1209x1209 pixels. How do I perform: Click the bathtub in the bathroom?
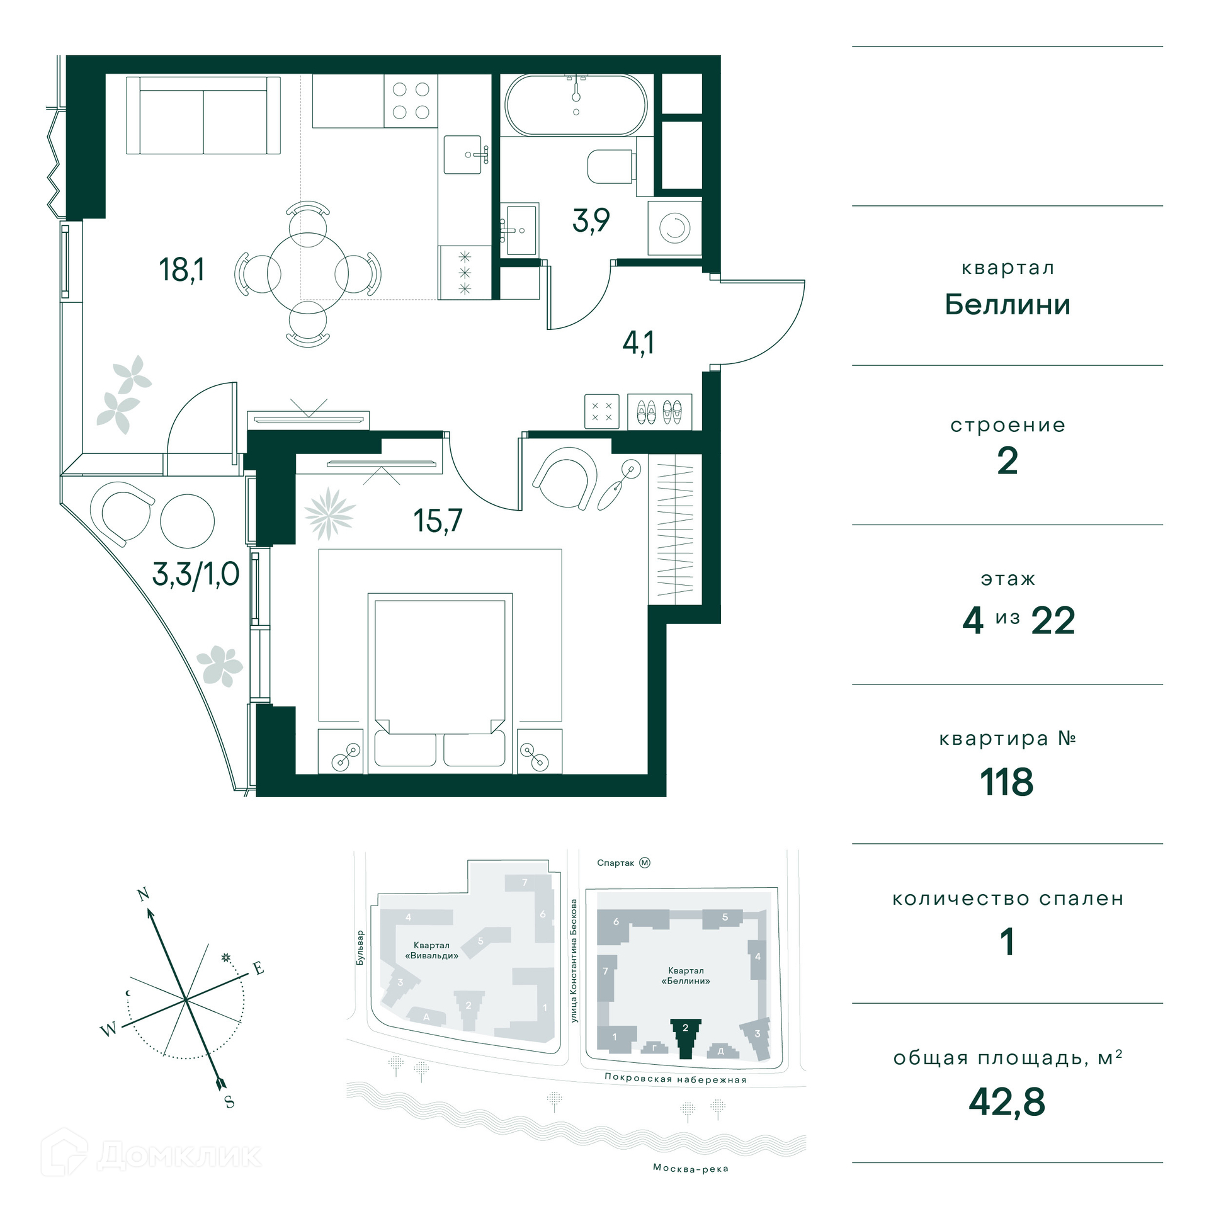tap(576, 105)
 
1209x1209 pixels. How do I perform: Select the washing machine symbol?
tap(674, 227)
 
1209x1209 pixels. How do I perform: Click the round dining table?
tap(308, 273)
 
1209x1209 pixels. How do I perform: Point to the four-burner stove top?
tap(411, 101)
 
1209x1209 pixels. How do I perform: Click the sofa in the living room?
tap(203, 115)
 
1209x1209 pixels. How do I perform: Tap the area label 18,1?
tap(181, 270)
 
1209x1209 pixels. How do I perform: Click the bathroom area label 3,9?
tap(591, 220)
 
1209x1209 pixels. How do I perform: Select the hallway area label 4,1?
tap(638, 343)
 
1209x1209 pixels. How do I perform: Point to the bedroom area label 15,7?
tap(438, 521)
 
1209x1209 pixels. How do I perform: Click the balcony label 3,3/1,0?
tap(196, 574)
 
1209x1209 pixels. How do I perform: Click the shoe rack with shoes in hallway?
tap(660, 412)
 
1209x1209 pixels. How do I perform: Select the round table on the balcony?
tap(187, 521)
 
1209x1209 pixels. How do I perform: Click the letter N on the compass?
tap(143, 894)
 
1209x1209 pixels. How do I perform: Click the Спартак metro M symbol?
tap(644, 863)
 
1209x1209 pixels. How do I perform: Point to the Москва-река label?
tap(691, 1168)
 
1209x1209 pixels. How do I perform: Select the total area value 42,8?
tap(1007, 1102)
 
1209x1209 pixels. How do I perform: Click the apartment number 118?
tap(1006, 782)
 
